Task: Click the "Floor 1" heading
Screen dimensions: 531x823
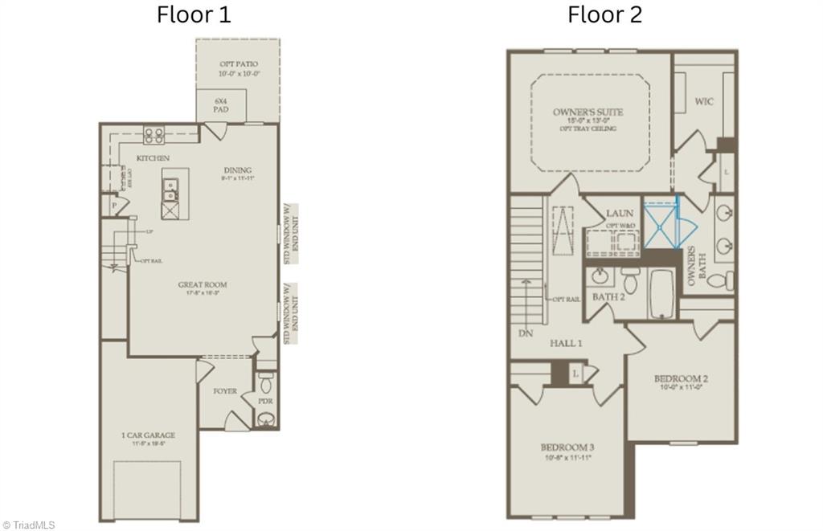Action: point(193,14)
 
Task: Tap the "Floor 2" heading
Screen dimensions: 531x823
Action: point(604,14)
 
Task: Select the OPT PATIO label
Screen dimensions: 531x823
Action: point(239,63)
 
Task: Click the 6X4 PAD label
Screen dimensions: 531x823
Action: point(219,104)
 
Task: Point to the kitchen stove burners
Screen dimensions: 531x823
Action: point(154,135)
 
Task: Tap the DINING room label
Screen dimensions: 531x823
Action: point(239,170)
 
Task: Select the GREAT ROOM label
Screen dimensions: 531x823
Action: point(203,284)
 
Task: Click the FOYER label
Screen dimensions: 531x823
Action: point(225,391)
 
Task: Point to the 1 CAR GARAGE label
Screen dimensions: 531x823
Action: point(148,435)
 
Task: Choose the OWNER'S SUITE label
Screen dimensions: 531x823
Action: point(588,112)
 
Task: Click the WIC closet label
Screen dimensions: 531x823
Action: point(704,102)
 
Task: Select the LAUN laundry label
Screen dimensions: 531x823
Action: point(620,213)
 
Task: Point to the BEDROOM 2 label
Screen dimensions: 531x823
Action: point(680,378)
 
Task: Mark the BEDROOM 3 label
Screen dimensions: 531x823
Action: point(567,447)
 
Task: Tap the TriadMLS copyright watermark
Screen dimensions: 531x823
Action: point(29,525)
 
